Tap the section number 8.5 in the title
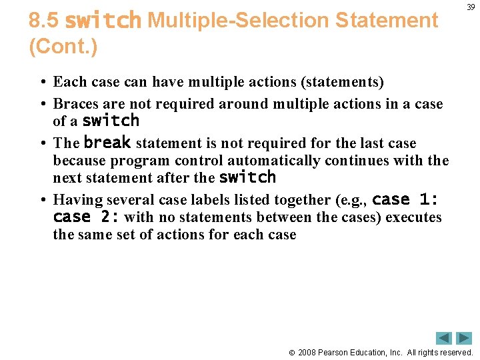click(x=44, y=21)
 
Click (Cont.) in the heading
click(x=63, y=47)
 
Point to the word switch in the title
click(x=103, y=21)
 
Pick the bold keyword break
click(x=107, y=143)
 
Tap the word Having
click(x=75, y=200)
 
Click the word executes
click(x=413, y=217)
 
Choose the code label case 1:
click(x=404, y=199)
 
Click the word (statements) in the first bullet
click(x=343, y=82)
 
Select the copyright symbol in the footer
click(x=292, y=352)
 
